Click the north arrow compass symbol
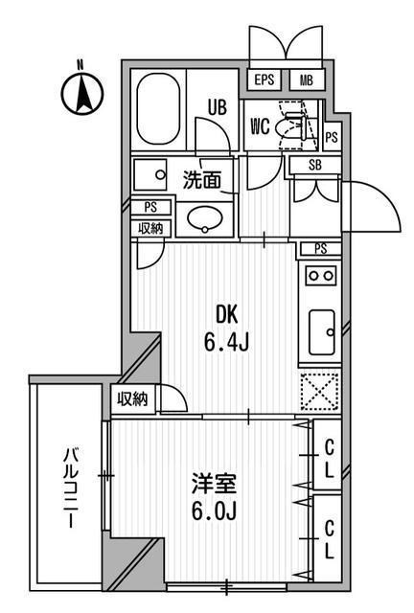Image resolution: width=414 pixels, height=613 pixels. click(x=81, y=93)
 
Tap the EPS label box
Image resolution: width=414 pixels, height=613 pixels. click(x=265, y=81)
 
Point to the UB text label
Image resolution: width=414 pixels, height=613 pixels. click(x=218, y=109)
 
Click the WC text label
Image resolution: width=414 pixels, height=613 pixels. click(x=260, y=126)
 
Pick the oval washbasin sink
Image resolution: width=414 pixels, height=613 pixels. click(x=203, y=219)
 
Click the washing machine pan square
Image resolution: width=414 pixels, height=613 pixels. click(x=151, y=175)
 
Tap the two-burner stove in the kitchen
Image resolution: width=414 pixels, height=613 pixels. click(x=320, y=276)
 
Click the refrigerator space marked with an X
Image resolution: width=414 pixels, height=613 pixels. click(x=320, y=391)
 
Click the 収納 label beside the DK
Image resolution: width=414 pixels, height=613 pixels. click(x=133, y=399)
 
